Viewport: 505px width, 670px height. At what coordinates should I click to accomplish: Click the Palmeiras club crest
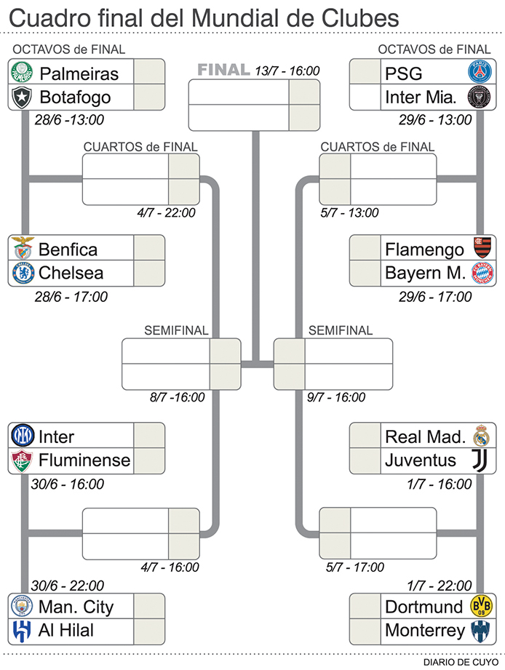(x=22, y=73)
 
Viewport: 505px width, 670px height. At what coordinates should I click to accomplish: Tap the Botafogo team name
(x=75, y=97)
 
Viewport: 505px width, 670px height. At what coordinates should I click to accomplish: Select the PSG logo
(x=479, y=73)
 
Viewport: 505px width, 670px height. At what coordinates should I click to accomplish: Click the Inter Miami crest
(x=479, y=97)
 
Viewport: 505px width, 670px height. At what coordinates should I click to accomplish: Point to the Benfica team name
(x=68, y=250)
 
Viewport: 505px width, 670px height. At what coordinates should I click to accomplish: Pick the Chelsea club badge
(x=22, y=273)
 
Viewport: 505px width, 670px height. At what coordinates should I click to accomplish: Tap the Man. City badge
(x=22, y=606)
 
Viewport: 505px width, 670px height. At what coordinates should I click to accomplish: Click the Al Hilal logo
(x=22, y=629)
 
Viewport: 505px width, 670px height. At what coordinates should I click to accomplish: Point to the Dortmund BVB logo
(x=480, y=606)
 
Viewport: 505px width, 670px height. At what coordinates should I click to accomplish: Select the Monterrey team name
(x=424, y=629)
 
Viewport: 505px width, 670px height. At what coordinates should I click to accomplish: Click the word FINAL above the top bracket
(x=223, y=71)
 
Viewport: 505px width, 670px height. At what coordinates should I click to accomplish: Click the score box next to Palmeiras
(x=149, y=73)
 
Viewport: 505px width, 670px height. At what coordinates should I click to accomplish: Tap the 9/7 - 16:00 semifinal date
(x=336, y=397)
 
